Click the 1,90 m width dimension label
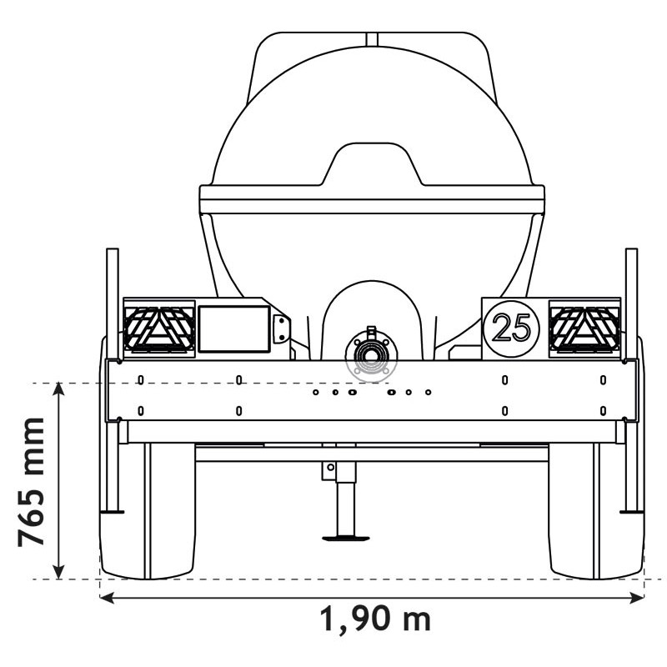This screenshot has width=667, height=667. point(375,619)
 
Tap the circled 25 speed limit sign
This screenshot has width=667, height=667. point(511,328)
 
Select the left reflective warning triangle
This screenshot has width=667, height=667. point(158,327)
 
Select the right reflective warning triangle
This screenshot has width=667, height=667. point(584,327)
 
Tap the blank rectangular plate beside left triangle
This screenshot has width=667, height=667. point(233,328)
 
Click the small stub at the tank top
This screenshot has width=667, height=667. point(372,38)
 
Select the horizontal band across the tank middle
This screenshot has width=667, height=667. point(371,199)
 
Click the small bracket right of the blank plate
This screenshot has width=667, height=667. point(280,328)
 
